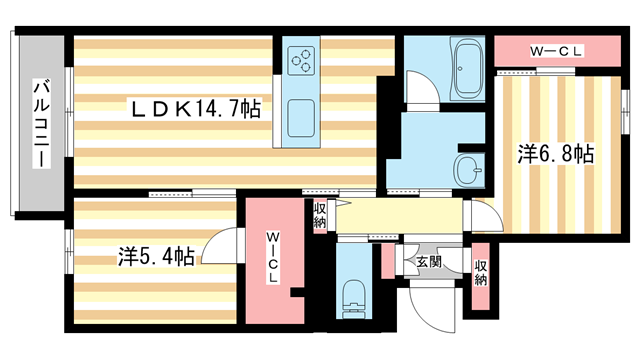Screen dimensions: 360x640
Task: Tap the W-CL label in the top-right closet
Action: [x=556, y=49]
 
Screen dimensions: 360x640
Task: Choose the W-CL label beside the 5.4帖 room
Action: [x=273, y=258]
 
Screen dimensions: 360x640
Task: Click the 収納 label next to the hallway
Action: [x=320, y=215]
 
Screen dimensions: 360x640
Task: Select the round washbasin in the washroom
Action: [x=467, y=166]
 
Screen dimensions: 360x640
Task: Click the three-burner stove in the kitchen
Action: [x=302, y=62]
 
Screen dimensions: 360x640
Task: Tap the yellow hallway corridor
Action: [x=400, y=217]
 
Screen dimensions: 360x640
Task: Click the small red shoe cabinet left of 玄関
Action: [x=387, y=259]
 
